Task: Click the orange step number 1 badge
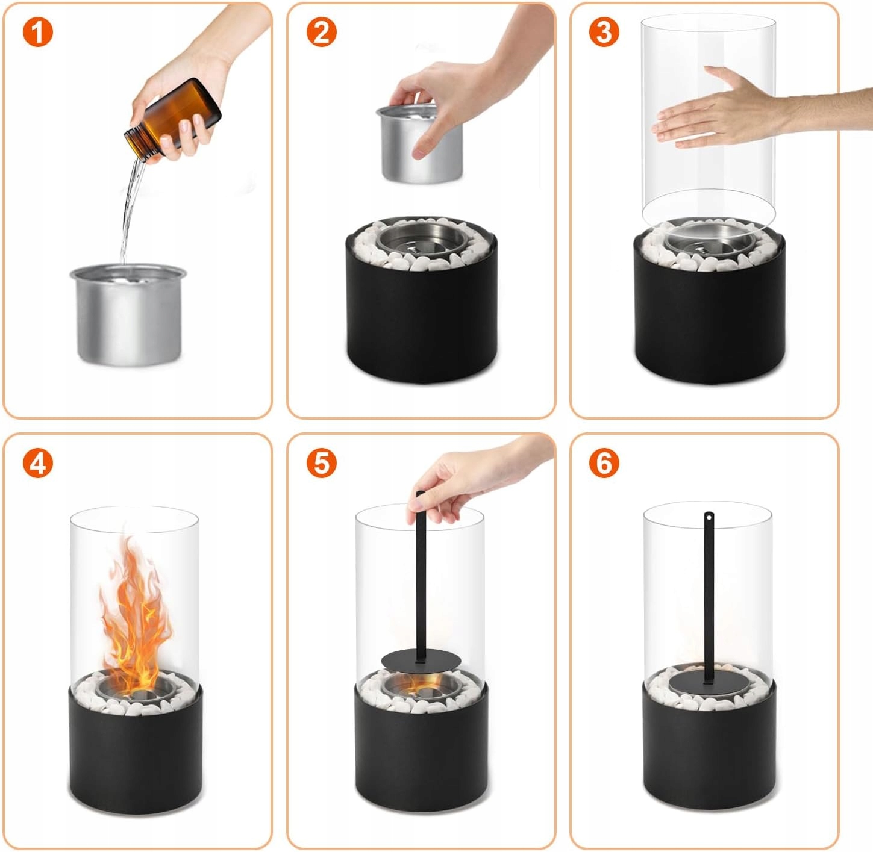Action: click(38, 32)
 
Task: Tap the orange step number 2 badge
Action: click(321, 32)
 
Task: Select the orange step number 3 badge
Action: click(604, 32)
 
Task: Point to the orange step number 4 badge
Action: click(38, 463)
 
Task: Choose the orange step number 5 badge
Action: click(321, 463)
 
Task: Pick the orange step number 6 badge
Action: click(604, 463)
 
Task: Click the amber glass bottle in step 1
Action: click(173, 120)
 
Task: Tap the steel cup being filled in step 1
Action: click(128, 314)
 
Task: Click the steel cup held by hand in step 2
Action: click(419, 143)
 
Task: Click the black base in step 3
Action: click(710, 309)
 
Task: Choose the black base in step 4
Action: click(135, 762)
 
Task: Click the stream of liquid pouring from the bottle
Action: click(131, 211)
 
